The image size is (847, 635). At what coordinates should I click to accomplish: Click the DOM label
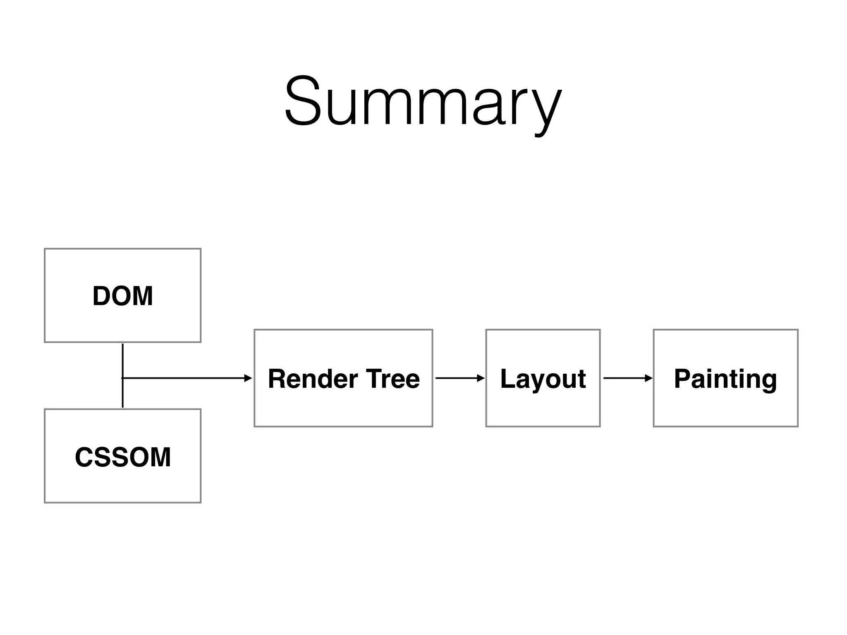[122, 296]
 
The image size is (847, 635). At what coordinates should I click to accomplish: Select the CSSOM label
[122, 457]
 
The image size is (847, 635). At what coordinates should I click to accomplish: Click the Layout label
[543, 379]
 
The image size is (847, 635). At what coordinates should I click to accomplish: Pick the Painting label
[725, 379]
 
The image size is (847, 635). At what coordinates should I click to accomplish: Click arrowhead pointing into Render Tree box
[248, 378]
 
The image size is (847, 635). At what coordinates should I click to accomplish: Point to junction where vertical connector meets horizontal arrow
[123, 378]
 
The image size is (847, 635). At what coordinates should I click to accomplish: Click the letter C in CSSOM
[84, 457]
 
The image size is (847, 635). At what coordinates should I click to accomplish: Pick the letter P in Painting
[683, 378]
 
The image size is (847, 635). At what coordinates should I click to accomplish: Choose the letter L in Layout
[507, 378]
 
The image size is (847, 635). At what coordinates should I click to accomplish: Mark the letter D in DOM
[101, 296]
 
